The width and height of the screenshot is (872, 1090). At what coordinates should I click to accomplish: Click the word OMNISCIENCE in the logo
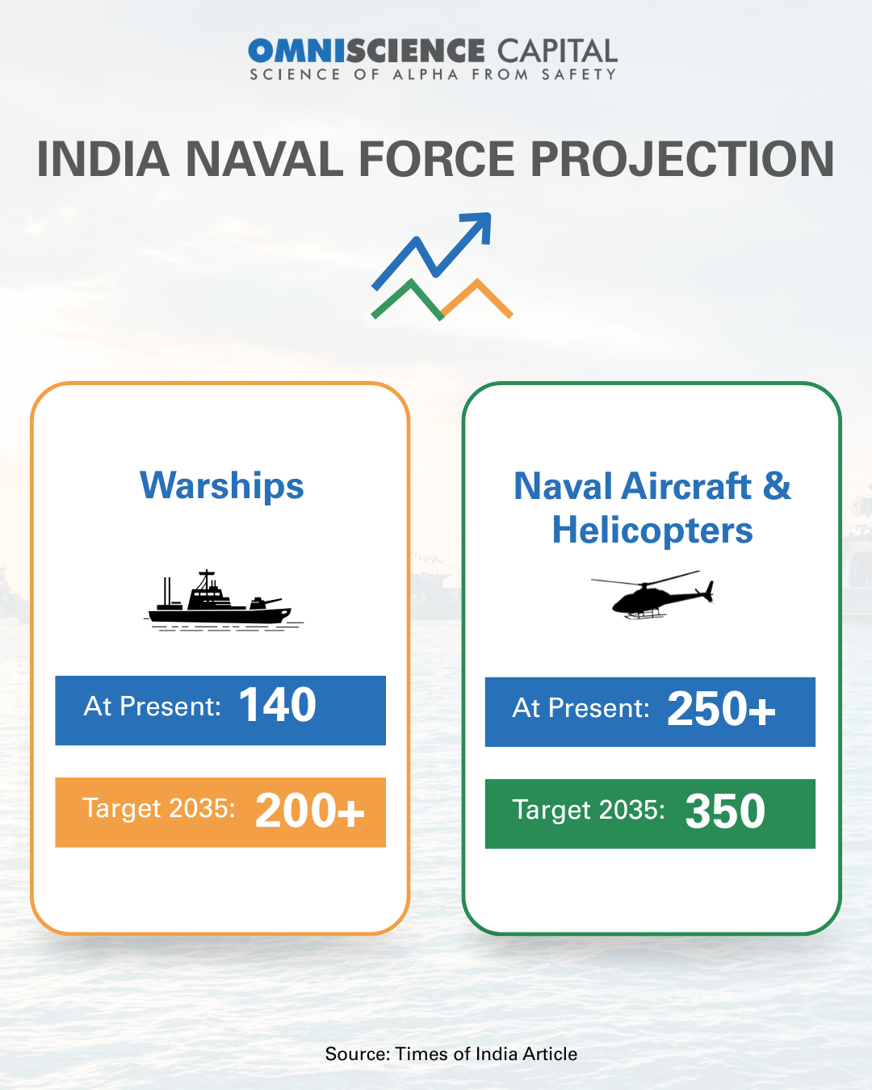(366, 51)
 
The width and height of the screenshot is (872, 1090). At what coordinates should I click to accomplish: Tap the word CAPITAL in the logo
(557, 51)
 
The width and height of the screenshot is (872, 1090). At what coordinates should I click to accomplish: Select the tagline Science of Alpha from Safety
(434, 74)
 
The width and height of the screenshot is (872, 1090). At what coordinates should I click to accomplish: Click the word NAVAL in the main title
(265, 159)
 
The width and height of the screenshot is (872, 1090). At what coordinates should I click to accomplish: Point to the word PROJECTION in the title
(682, 159)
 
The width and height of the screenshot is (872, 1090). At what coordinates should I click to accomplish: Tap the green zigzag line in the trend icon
(409, 300)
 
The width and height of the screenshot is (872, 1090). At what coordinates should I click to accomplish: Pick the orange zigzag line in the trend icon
(477, 298)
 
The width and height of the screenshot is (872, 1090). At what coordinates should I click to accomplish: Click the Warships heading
(222, 486)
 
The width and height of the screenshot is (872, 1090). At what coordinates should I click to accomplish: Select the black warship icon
(223, 601)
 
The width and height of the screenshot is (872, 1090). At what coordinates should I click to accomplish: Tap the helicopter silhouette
(653, 595)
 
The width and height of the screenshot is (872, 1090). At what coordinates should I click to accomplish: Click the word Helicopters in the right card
(652, 530)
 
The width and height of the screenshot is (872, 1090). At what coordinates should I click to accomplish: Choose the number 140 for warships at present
(278, 705)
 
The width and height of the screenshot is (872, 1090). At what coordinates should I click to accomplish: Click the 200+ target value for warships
(310, 811)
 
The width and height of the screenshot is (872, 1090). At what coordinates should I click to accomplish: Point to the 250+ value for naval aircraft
(722, 709)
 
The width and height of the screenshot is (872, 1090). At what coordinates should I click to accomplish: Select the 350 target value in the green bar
(725, 812)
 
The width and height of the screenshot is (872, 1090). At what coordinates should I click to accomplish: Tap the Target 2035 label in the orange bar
(158, 808)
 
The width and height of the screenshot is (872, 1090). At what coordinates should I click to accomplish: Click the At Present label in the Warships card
(152, 706)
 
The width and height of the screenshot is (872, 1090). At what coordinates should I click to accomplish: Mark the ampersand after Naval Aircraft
(776, 485)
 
